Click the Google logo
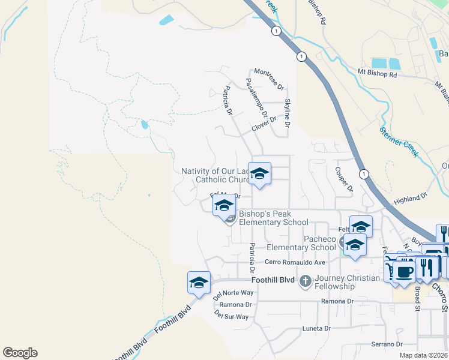20,353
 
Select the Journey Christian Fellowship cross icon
305,280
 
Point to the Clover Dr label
264,124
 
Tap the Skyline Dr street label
288,113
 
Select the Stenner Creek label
399,142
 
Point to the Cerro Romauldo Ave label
295,262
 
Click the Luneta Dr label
316,329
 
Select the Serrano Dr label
386,344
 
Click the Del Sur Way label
231,316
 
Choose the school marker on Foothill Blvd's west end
199,283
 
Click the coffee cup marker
404,271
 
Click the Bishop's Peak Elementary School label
273,218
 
